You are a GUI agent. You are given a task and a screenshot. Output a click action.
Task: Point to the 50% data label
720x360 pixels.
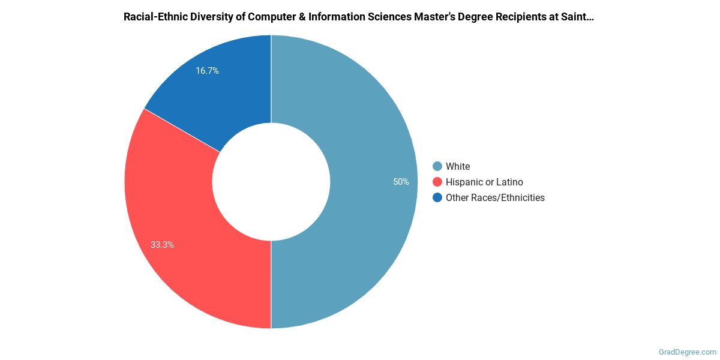tap(401, 182)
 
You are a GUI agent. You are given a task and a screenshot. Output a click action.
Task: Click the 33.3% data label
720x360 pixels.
tap(162, 245)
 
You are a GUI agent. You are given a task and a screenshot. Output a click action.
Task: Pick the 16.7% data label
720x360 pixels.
tap(207, 71)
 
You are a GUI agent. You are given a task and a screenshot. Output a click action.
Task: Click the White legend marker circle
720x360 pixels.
tap(437, 166)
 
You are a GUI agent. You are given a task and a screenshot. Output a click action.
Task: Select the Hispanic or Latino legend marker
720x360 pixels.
tap(437, 182)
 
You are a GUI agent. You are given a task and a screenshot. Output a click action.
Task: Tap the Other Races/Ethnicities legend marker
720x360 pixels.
tap(437, 197)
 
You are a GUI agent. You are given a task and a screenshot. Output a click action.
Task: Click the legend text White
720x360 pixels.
tap(458, 166)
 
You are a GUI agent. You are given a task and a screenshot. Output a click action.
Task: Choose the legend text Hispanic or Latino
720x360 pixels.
tap(484, 182)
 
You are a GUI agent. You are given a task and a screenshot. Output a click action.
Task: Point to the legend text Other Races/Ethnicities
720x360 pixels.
tap(495, 197)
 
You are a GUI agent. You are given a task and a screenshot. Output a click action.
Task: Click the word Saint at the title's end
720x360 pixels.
tap(580, 17)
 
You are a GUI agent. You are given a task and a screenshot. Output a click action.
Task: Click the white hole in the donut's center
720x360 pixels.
tap(271, 182)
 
